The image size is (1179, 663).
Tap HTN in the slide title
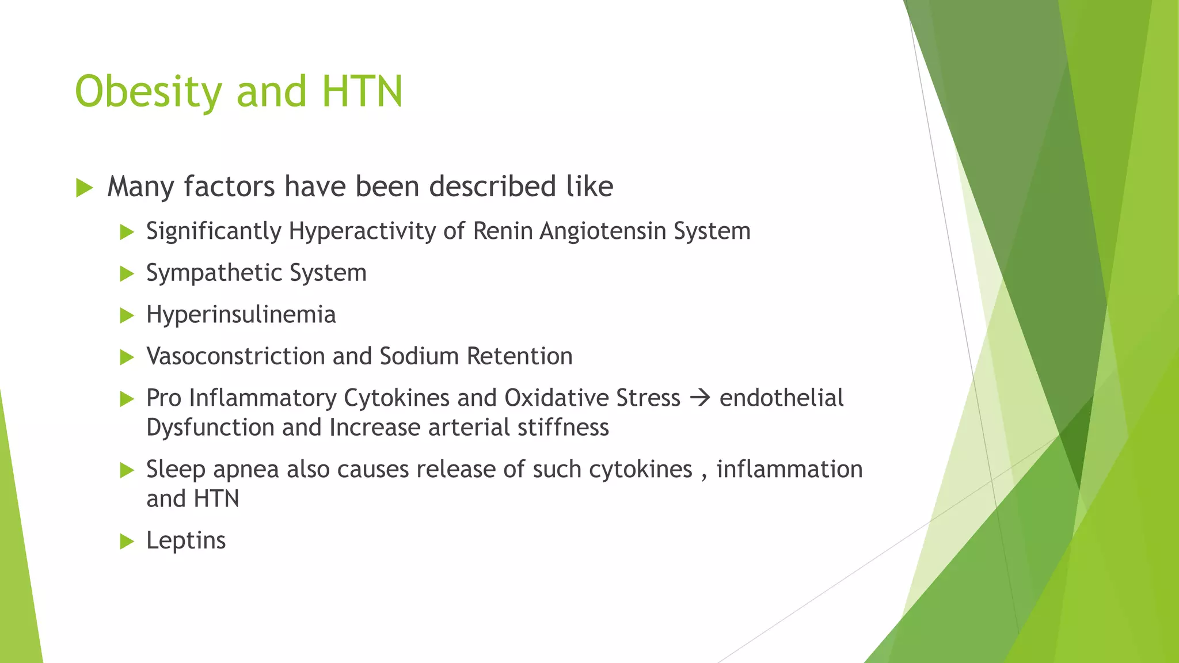[362, 92]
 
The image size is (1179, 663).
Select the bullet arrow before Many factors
[84, 188]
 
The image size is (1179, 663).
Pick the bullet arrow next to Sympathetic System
[127, 274]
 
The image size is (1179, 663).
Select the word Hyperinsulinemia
[241, 315]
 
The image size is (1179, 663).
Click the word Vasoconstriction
[235, 356]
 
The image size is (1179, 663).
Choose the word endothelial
[781, 398]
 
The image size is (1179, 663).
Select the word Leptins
[185, 540]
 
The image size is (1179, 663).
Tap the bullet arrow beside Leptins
[127, 542]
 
